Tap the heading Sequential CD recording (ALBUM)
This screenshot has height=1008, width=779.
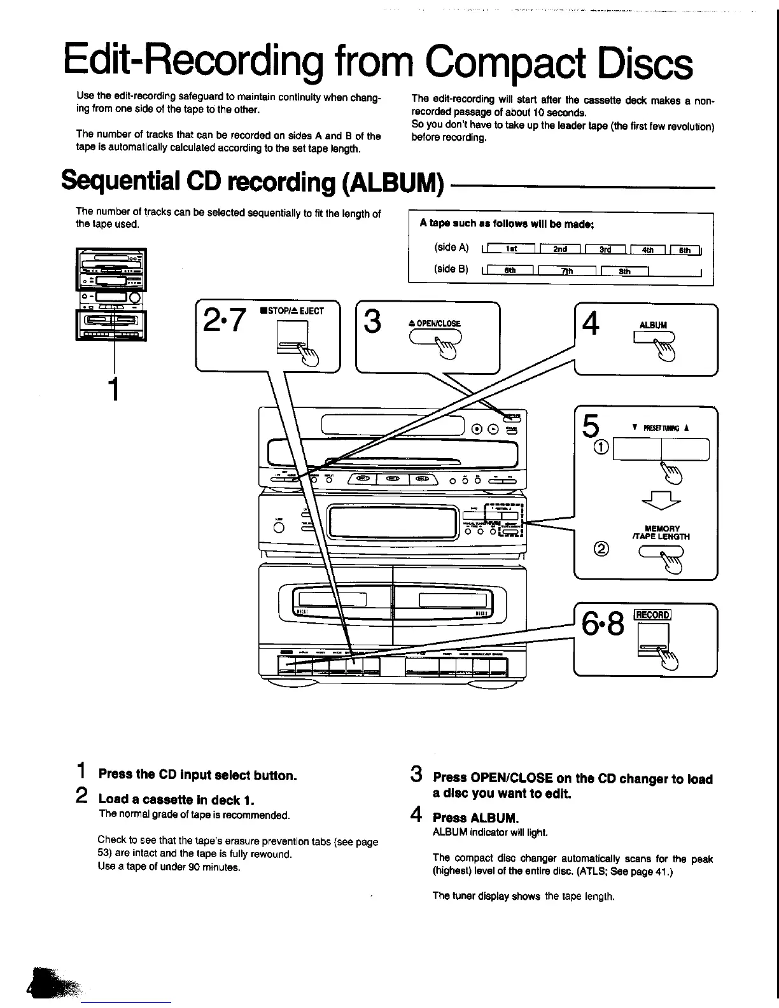click(x=252, y=182)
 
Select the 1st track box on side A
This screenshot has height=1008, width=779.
click(x=510, y=249)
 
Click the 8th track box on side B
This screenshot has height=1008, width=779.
click(x=624, y=271)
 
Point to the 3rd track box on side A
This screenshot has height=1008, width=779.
click(x=605, y=249)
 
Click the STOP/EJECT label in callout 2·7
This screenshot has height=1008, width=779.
click(x=292, y=311)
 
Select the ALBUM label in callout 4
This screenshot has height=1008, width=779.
click(x=653, y=325)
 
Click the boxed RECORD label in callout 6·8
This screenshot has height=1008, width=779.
click(x=652, y=615)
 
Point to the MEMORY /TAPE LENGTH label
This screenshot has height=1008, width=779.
click(x=662, y=533)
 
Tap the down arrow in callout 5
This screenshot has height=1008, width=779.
click(x=662, y=503)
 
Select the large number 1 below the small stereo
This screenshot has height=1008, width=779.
click(x=114, y=389)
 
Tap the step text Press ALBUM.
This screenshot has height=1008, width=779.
click(x=475, y=818)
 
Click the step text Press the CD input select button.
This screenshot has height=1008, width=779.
click(x=197, y=775)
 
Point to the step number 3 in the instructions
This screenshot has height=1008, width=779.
click(x=417, y=775)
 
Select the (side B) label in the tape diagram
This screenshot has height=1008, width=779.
click(x=451, y=269)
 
